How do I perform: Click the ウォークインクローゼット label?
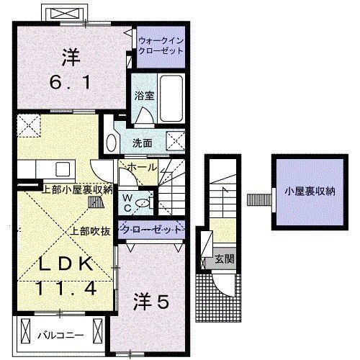coord(162,47)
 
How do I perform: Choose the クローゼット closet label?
coord(150,228)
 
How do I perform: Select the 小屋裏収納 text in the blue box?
coord(310,192)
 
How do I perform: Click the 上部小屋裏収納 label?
coord(77,190)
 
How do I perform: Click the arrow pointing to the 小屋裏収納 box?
coord(256,196)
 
